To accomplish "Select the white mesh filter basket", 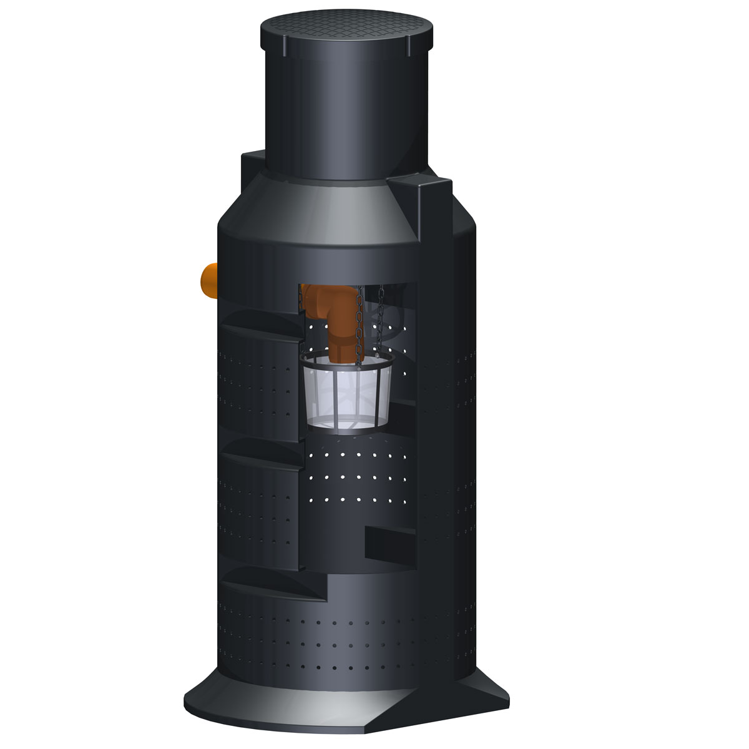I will point(347,397).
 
